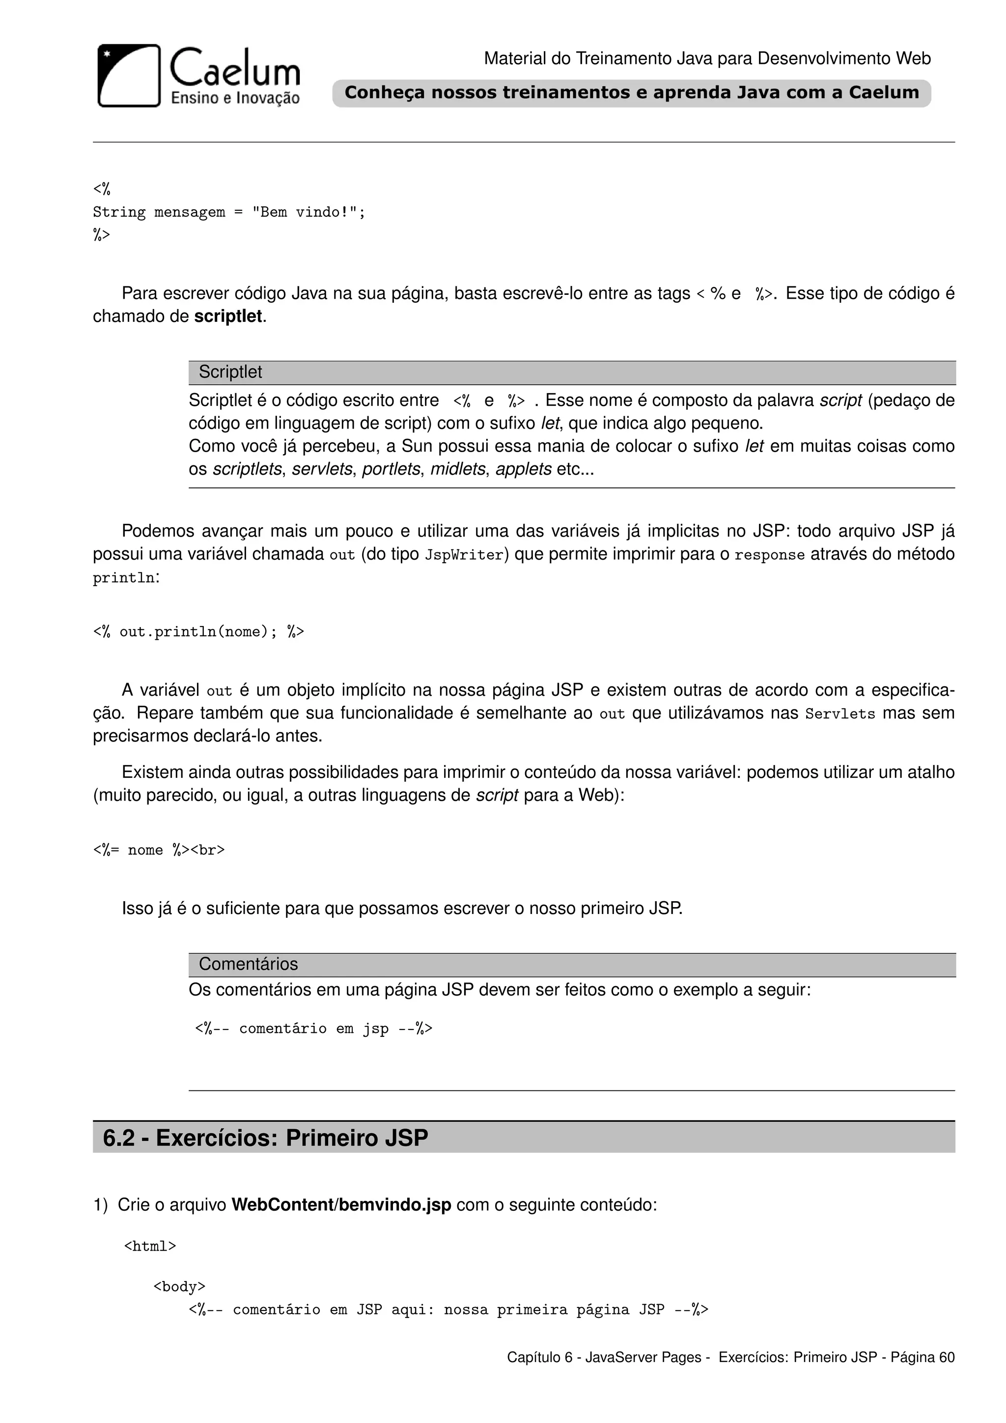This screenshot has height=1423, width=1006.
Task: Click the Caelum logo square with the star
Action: (x=129, y=76)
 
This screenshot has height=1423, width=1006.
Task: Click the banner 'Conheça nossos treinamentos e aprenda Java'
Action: (x=631, y=93)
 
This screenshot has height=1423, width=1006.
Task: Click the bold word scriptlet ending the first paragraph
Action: (x=228, y=317)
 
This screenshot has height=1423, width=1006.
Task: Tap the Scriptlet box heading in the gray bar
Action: (x=230, y=372)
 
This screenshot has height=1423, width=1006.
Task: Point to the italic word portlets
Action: (x=391, y=469)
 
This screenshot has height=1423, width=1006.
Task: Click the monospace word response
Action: (x=769, y=555)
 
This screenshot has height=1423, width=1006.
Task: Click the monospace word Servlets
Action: (x=840, y=714)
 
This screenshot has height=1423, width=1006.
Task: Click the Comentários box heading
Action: (x=249, y=965)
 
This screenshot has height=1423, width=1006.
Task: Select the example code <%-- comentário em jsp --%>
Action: (x=313, y=1029)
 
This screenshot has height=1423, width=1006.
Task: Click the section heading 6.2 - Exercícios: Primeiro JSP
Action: (x=265, y=1138)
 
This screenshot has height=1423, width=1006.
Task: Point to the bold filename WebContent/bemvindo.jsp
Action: (x=341, y=1205)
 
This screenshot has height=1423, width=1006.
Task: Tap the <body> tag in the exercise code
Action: (x=180, y=1287)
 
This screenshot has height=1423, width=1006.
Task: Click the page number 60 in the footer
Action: (x=947, y=1357)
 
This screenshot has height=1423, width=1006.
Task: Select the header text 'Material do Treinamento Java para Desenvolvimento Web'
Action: (x=707, y=59)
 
